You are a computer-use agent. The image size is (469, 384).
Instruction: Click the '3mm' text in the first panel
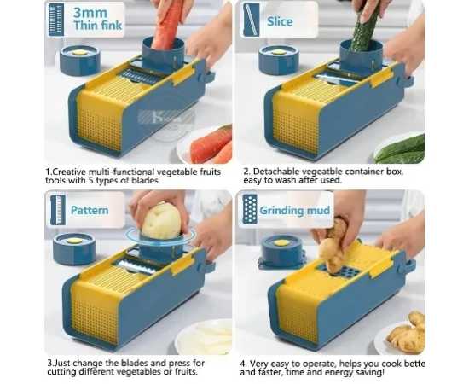90,13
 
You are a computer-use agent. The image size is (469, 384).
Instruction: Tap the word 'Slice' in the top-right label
280,21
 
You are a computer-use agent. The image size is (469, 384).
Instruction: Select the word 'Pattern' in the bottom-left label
90,210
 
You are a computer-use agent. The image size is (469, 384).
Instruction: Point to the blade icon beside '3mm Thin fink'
56,20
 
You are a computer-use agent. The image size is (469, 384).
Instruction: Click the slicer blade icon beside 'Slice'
252,20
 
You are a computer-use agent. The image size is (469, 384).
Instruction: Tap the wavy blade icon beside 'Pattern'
58,210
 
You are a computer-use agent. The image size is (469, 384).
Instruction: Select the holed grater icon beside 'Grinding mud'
250,209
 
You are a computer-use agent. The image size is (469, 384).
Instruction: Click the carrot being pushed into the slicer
166,25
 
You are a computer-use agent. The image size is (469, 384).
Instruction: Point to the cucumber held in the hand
365,29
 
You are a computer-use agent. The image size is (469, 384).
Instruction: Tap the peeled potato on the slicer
161,221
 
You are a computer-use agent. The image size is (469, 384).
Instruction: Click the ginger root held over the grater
335,245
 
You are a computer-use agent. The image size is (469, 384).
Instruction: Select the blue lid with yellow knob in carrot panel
79,60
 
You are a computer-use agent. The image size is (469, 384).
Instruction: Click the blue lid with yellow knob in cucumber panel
279,59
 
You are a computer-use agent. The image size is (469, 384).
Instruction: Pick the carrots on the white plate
211,146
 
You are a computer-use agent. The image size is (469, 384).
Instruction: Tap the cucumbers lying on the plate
400,149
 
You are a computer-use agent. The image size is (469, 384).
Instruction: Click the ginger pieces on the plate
407,333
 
